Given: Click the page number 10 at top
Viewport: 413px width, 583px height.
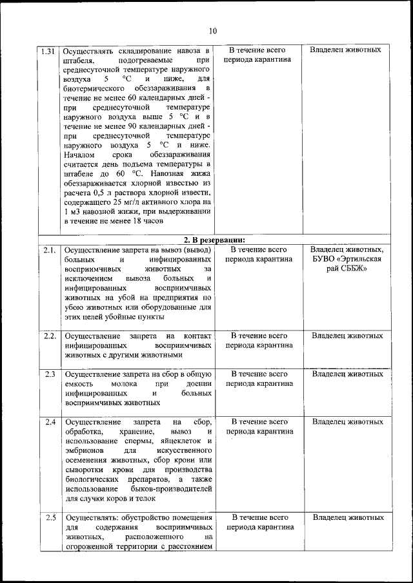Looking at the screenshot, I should tap(213, 30).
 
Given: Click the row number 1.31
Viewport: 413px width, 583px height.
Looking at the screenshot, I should tap(48, 50).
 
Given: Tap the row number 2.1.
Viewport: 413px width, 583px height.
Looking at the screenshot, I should tap(48, 249).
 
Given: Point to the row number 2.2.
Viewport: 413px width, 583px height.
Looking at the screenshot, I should tap(49, 336).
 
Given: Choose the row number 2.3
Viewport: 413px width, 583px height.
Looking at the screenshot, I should tap(49, 373).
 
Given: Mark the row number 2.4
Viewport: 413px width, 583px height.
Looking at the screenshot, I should tap(49, 422).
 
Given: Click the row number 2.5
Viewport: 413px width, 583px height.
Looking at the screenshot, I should tap(49, 517).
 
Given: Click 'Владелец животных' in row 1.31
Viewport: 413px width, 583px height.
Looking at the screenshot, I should tap(345, 50).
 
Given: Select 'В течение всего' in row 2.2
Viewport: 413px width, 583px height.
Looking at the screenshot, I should tap(258, 336).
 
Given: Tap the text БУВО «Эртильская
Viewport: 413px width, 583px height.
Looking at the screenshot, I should tap(347, 258).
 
